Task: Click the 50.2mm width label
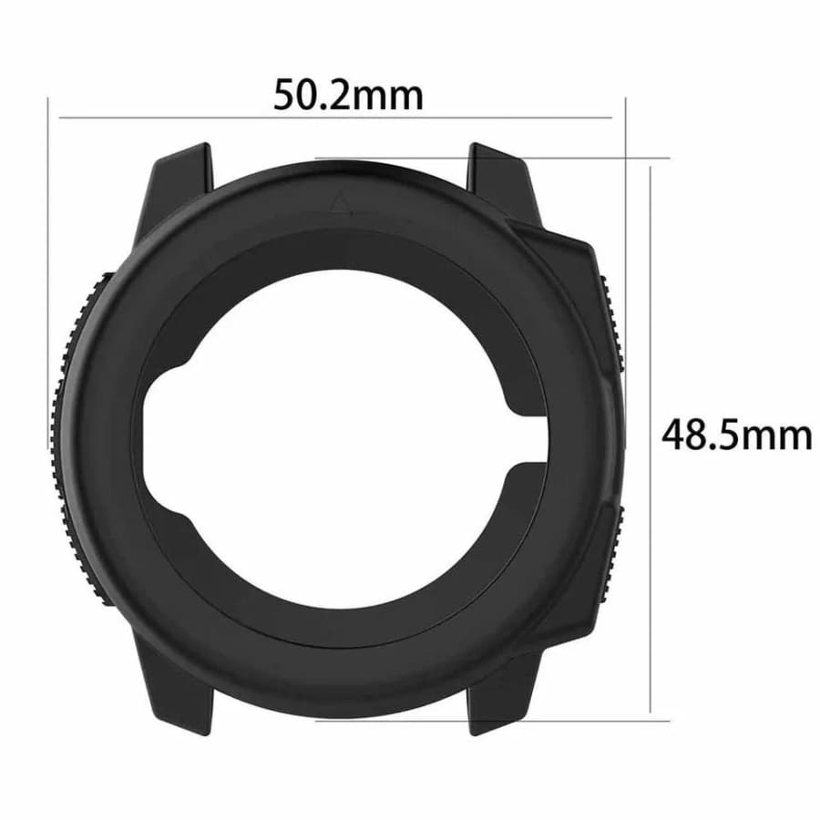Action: (x=349, y=94)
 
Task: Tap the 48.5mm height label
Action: (x=736, y=435)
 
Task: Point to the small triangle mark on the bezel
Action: (x=342, y=202)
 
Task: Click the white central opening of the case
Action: (x=337, y=437)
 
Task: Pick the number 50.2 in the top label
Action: (x=313, y=94)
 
